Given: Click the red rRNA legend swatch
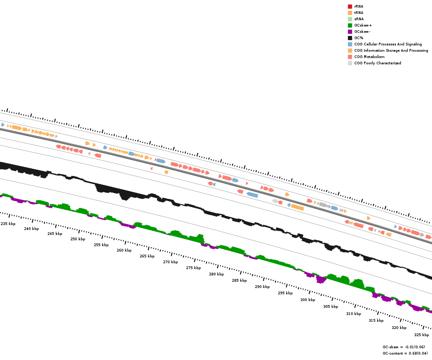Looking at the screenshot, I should (x=350, y=6).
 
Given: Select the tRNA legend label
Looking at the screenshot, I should (x=359, y=13).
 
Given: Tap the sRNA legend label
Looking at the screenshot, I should (x=359, y=19).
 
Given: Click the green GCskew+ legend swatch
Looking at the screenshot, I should (x=350, y=25).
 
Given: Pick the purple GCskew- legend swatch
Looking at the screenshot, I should (x=350, y=31).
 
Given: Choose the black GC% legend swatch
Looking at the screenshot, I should (x=350, y=38).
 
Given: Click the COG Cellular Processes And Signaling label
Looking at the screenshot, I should (x=388, y=44).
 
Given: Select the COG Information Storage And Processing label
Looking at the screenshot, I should (x=391, y=50).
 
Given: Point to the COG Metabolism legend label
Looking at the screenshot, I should (x=369, y=57).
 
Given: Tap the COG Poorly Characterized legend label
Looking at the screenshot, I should (x=378, y=63).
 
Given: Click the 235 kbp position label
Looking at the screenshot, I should (x=8, y=224).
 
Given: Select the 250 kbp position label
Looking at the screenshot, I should (x=78, y=239).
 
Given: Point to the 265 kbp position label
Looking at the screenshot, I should (x=147, y=256).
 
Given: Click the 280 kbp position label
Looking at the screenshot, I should (x=216, y=274).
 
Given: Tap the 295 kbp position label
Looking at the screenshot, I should (x=285, y=293).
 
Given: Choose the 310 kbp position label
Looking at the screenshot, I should (x=354, y=314).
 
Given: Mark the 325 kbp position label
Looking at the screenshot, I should (x=422, y=335).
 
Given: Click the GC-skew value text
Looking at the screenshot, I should (x=404, y=347).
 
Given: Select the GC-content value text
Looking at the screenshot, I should (x=405, y=353).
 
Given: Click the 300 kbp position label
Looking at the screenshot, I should (x=308, y=300).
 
